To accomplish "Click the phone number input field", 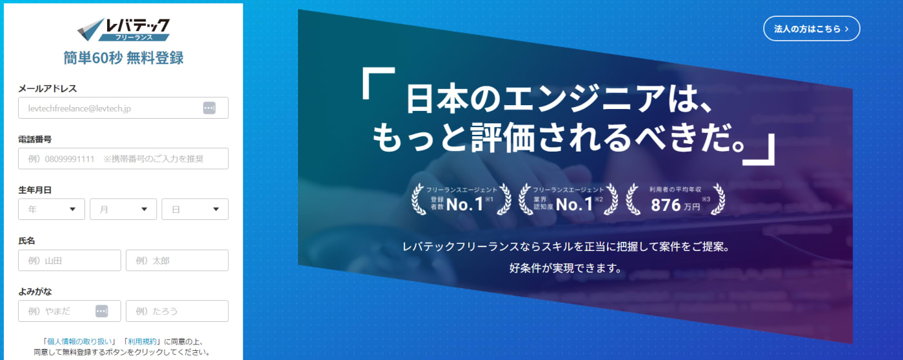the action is tap(123, 159).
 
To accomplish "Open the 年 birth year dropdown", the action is tap(52, 209).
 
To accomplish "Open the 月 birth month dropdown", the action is tap(123, 209).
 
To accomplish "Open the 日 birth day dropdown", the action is tap(195, 209).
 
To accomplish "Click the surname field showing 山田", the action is tap(70, 261).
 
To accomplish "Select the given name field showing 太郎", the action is tap(177, 261).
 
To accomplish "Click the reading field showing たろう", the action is tap(177, 311).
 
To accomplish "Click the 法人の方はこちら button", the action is tap(811, 28).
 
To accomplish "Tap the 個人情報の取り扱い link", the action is tap(79, 341).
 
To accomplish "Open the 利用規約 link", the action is tap(142, 341).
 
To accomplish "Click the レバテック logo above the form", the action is tap(123, 30).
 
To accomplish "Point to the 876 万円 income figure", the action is tap(675, 205).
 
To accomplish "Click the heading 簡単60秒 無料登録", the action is tap(123, 58).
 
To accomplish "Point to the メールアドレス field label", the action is tap(48, 88).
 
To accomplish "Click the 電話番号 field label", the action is tap(35, 139).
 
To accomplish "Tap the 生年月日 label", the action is tap(35, 190).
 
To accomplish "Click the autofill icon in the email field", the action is tap(209, 108).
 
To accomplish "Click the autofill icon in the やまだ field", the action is tap(102, 311).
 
